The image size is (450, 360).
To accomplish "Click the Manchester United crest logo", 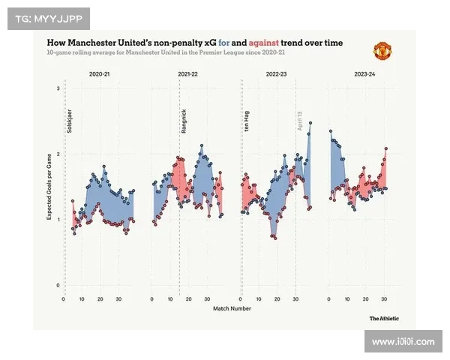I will coord(382,52).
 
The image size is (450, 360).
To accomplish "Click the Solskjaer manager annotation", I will coord(70,121).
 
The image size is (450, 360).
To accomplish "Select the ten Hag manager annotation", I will coord(247,121).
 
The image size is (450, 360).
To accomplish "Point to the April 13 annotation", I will coord(300,121).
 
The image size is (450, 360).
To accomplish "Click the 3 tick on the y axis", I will coord(58,89).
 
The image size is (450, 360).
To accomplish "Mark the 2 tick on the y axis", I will coord(58,154).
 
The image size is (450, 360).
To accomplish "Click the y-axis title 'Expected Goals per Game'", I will coord(49,187).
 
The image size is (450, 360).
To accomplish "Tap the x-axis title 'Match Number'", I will coord(232,308).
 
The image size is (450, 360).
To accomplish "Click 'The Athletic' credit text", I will coord(384,318).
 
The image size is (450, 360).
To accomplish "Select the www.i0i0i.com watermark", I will coord(403,341).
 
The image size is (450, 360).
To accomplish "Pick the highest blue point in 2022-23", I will coord(310,123).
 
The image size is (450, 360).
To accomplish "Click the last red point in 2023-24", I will coord(386,148).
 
